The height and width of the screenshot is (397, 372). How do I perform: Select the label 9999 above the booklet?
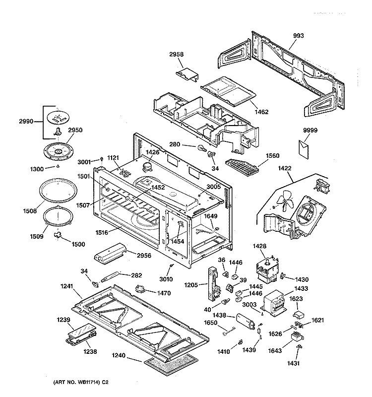[x=310, y=131]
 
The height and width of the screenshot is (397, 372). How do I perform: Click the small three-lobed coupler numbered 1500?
[x=60, y=238]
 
